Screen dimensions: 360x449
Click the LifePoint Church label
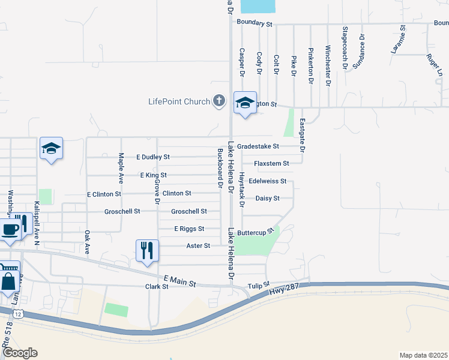(x=179, y=101)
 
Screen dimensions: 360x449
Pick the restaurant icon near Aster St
(x=147, y=250)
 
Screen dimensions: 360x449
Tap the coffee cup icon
(x=10, y=229)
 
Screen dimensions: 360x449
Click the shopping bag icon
(x=10, y=280)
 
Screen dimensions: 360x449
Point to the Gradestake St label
(x=258, y=146)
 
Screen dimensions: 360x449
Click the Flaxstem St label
(x=271, y=163)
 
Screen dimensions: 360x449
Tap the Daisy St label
(x=268, y=198)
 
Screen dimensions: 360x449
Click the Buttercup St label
(x=255, y=232)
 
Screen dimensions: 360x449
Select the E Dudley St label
(x=153, y=157)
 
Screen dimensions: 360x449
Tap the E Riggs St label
(x=189, y=229)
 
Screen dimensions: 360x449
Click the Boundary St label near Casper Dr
(x=255, y=23)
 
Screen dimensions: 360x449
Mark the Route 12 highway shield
(x=19, y=314)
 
